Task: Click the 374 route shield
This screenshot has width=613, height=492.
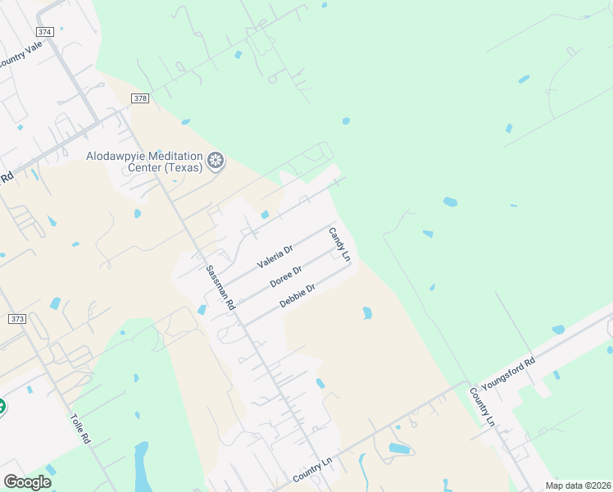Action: coord(45,32)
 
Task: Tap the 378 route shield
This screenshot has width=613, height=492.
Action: coord(139,98)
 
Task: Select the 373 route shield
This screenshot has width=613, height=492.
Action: coord(16,318)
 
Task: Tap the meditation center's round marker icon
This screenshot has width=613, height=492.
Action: coord(216,161)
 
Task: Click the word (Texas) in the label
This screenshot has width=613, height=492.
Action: coord(183,168)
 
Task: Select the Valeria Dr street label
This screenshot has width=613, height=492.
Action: coord(275,257)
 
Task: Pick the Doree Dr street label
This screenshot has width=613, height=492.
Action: coord(286,276)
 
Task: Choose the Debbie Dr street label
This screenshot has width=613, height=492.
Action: coord(297,295)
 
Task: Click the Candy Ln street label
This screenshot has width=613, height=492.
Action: coord(339,244)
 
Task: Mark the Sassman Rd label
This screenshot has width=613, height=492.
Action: coord(220,286)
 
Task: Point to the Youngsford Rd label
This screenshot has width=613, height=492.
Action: coord(508,373)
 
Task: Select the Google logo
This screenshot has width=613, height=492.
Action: coord(27,482)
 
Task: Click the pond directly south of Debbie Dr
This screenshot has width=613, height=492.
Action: coord(367,312)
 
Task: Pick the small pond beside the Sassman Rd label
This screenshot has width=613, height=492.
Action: coord(202,309)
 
